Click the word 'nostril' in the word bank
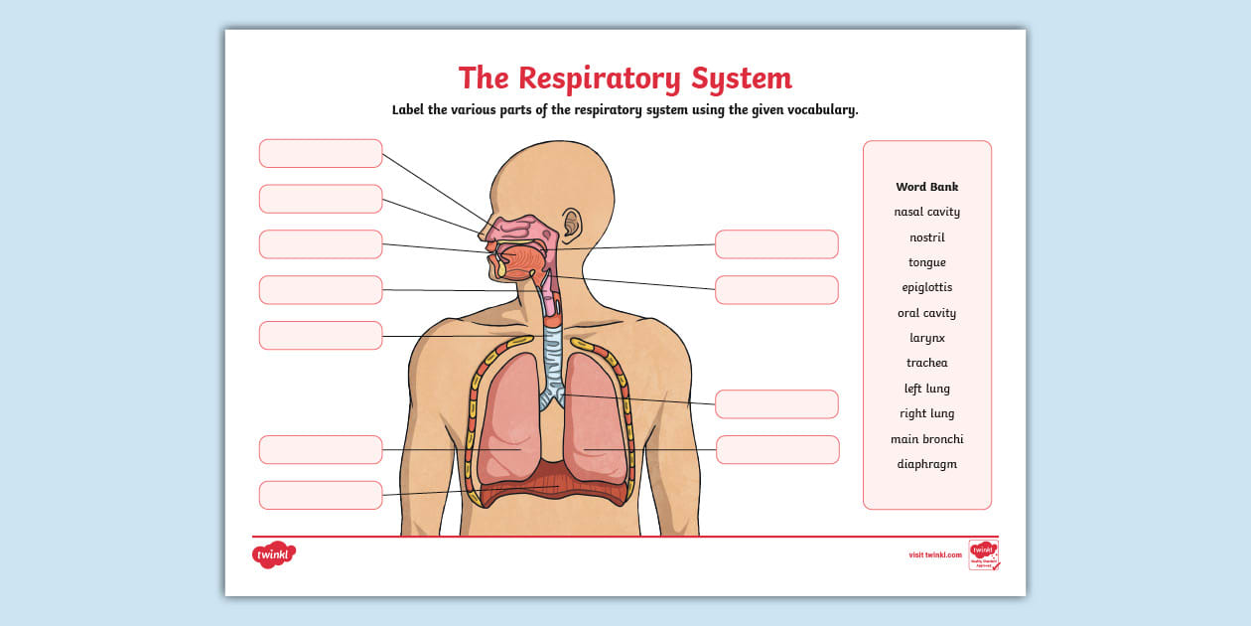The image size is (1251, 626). tap(926, 237)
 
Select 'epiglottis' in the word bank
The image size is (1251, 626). tap(926, 288)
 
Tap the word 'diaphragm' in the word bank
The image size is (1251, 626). tap(926, 464)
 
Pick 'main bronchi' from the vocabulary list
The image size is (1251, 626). tap(926, 439)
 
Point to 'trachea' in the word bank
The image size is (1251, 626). tap(926, 363)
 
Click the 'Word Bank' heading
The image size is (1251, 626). tap(926, 187)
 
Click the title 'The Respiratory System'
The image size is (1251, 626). tap(625, 78)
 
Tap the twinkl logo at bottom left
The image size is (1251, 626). tap(274, 555)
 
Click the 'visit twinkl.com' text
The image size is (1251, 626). tap(934, 554)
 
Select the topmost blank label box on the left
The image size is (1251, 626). tap(321, 153)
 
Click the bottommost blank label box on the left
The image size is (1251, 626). tap(321, 495)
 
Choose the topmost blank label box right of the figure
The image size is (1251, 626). tap(776, 244)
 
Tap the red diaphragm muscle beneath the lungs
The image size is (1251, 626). tap(552, 484)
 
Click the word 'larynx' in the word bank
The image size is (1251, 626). tap(926, 338)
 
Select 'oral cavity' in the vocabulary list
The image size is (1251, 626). tap(926, 313)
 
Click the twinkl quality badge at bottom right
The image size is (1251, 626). tap(983, 554)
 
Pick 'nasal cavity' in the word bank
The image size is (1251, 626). tap(926, 212)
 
